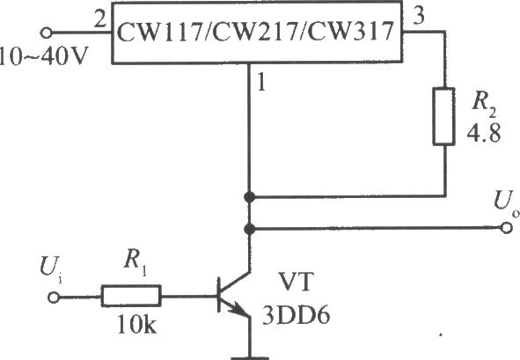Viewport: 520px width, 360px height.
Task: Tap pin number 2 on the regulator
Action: [99, 20]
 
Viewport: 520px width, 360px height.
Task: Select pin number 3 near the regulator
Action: [419, 16]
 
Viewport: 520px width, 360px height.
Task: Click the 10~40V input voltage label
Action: [44, 55]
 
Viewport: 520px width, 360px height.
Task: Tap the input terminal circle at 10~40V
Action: [46, 33]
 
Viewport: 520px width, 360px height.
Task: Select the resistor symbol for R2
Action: [443, 116]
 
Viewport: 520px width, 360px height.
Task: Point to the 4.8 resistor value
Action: [484, 133]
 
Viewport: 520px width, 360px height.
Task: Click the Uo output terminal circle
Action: [506, 228]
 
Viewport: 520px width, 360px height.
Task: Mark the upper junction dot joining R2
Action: [249, 197]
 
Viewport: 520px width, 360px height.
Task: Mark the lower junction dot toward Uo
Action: [249, 229]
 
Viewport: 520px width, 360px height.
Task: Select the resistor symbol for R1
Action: [131, 295]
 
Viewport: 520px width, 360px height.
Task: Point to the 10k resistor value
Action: [136, 324]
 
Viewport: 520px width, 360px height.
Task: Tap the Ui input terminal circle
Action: [54, 298]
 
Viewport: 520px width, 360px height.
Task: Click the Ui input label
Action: [50, 269]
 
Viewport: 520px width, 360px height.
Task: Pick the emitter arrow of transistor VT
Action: [238, 308]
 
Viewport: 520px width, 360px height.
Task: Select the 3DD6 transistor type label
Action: [297, 315]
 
